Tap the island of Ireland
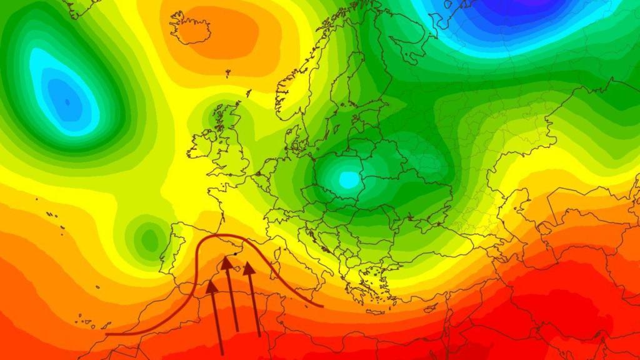202,142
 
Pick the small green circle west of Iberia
149,238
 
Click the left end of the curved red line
107,334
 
